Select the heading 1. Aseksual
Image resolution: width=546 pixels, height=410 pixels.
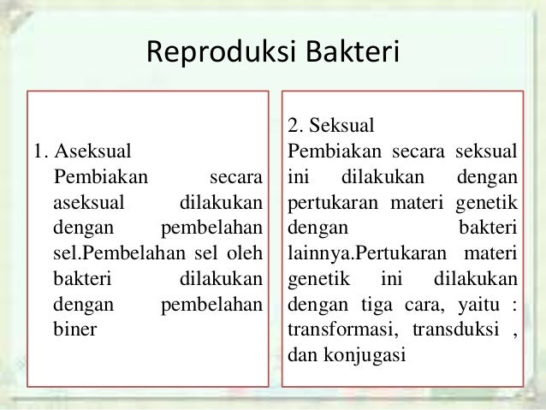pos(82,154)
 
